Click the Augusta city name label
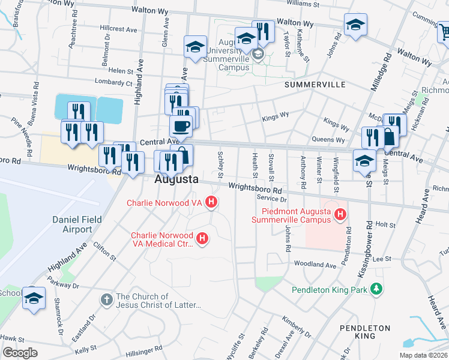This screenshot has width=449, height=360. click(x=176, y=179)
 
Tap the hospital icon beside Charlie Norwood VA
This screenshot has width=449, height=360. click(x=211, y=203)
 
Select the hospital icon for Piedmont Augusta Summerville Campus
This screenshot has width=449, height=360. click(x=340, y=214)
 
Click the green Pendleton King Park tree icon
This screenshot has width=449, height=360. click(x=376, y=290)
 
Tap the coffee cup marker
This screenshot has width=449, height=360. click(x=181, y=126)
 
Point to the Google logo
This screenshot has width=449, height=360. click(x=20, y=353)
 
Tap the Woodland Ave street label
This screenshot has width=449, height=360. click(x=315, y=265)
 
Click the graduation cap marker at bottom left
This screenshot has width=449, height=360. click(x=34, y=298)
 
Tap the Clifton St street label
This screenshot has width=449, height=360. click(x=104, y=251)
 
